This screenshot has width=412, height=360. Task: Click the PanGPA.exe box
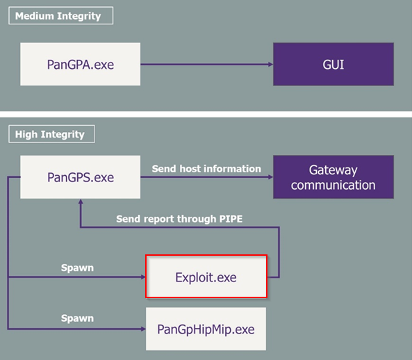coord(80,64)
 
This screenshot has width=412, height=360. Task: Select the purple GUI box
coord(333,64)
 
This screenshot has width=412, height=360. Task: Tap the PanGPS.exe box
coord(80,177)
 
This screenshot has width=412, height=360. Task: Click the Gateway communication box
coord(333,177)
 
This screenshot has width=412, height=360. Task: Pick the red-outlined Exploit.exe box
coord(206,277)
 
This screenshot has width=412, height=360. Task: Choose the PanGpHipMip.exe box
coord(206,329)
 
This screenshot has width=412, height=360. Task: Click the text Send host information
coord(206,169)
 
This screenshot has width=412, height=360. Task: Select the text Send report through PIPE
coord(179,219)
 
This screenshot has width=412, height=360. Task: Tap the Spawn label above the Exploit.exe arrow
coord(77,268)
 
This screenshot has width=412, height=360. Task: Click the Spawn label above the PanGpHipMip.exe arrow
coord(77,318)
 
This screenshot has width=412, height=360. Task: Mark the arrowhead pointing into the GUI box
coord(271,64)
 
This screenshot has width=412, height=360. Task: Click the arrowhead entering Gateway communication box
coord(271,177)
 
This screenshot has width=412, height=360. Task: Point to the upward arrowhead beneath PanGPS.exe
coord(81,202)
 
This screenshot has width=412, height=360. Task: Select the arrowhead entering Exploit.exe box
coord(143,277)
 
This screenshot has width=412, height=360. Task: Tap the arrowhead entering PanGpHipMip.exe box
coord(143,329)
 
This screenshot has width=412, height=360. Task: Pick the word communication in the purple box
coord(333,185)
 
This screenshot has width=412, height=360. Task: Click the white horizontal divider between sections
coord(206,114)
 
